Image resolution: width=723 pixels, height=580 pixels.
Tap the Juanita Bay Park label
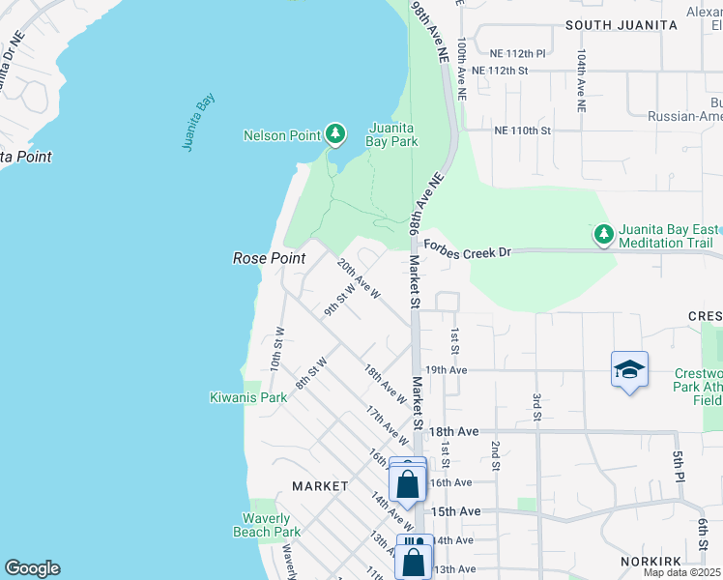(x=392, y=134)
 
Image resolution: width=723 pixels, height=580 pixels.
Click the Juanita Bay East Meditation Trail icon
(x=603, y=234)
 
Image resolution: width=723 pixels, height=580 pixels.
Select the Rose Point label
(x=269, y=258)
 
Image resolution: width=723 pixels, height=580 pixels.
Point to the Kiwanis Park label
(x=248, y=397)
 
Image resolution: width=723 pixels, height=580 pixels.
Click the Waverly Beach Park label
(x=266, y=525)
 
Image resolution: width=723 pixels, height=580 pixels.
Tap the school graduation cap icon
(x=628, y=369)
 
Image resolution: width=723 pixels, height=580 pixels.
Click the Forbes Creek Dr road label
(x=466, y=251)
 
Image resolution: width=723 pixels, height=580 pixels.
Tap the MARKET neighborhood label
(x=320, y=485)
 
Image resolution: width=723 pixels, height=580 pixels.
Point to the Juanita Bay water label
(x=198, y=122)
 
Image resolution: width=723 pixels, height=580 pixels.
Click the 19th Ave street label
(x=446, y=369)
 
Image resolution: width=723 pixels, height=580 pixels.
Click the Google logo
(x=32, y=568)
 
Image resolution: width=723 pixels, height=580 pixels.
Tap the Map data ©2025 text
(x=681, y=572)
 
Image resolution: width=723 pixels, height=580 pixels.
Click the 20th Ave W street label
(x=359, y=276)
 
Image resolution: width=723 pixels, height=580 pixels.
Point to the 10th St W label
(x=276, y=350)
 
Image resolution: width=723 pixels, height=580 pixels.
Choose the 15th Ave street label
(x=455, y=511)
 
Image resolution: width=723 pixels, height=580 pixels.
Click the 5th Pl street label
(x=680, y=468)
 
